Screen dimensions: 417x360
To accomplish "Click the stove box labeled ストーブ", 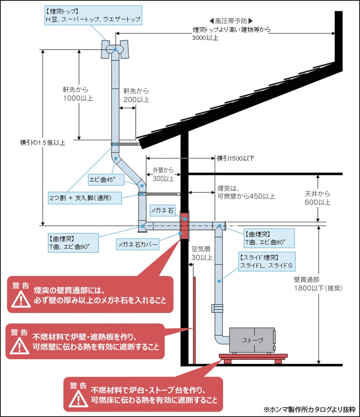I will click(x=252, y=340).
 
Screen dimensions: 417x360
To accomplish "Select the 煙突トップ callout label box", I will click(x=93, y=15).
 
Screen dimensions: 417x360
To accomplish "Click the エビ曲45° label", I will click(x=102, y=180).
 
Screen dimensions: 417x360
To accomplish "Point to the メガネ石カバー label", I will click(x=138, y=244).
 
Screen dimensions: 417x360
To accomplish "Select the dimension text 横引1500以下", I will click(x=235, y=158).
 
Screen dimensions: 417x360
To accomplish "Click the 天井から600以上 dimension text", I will click(x=318, y=198).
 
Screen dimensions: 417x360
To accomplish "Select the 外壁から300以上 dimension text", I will click(x=163, y=174).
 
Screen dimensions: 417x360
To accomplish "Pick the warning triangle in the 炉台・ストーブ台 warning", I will click(x=77, y=398).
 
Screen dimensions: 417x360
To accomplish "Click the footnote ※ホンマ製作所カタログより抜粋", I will click(x=310, y=409).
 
